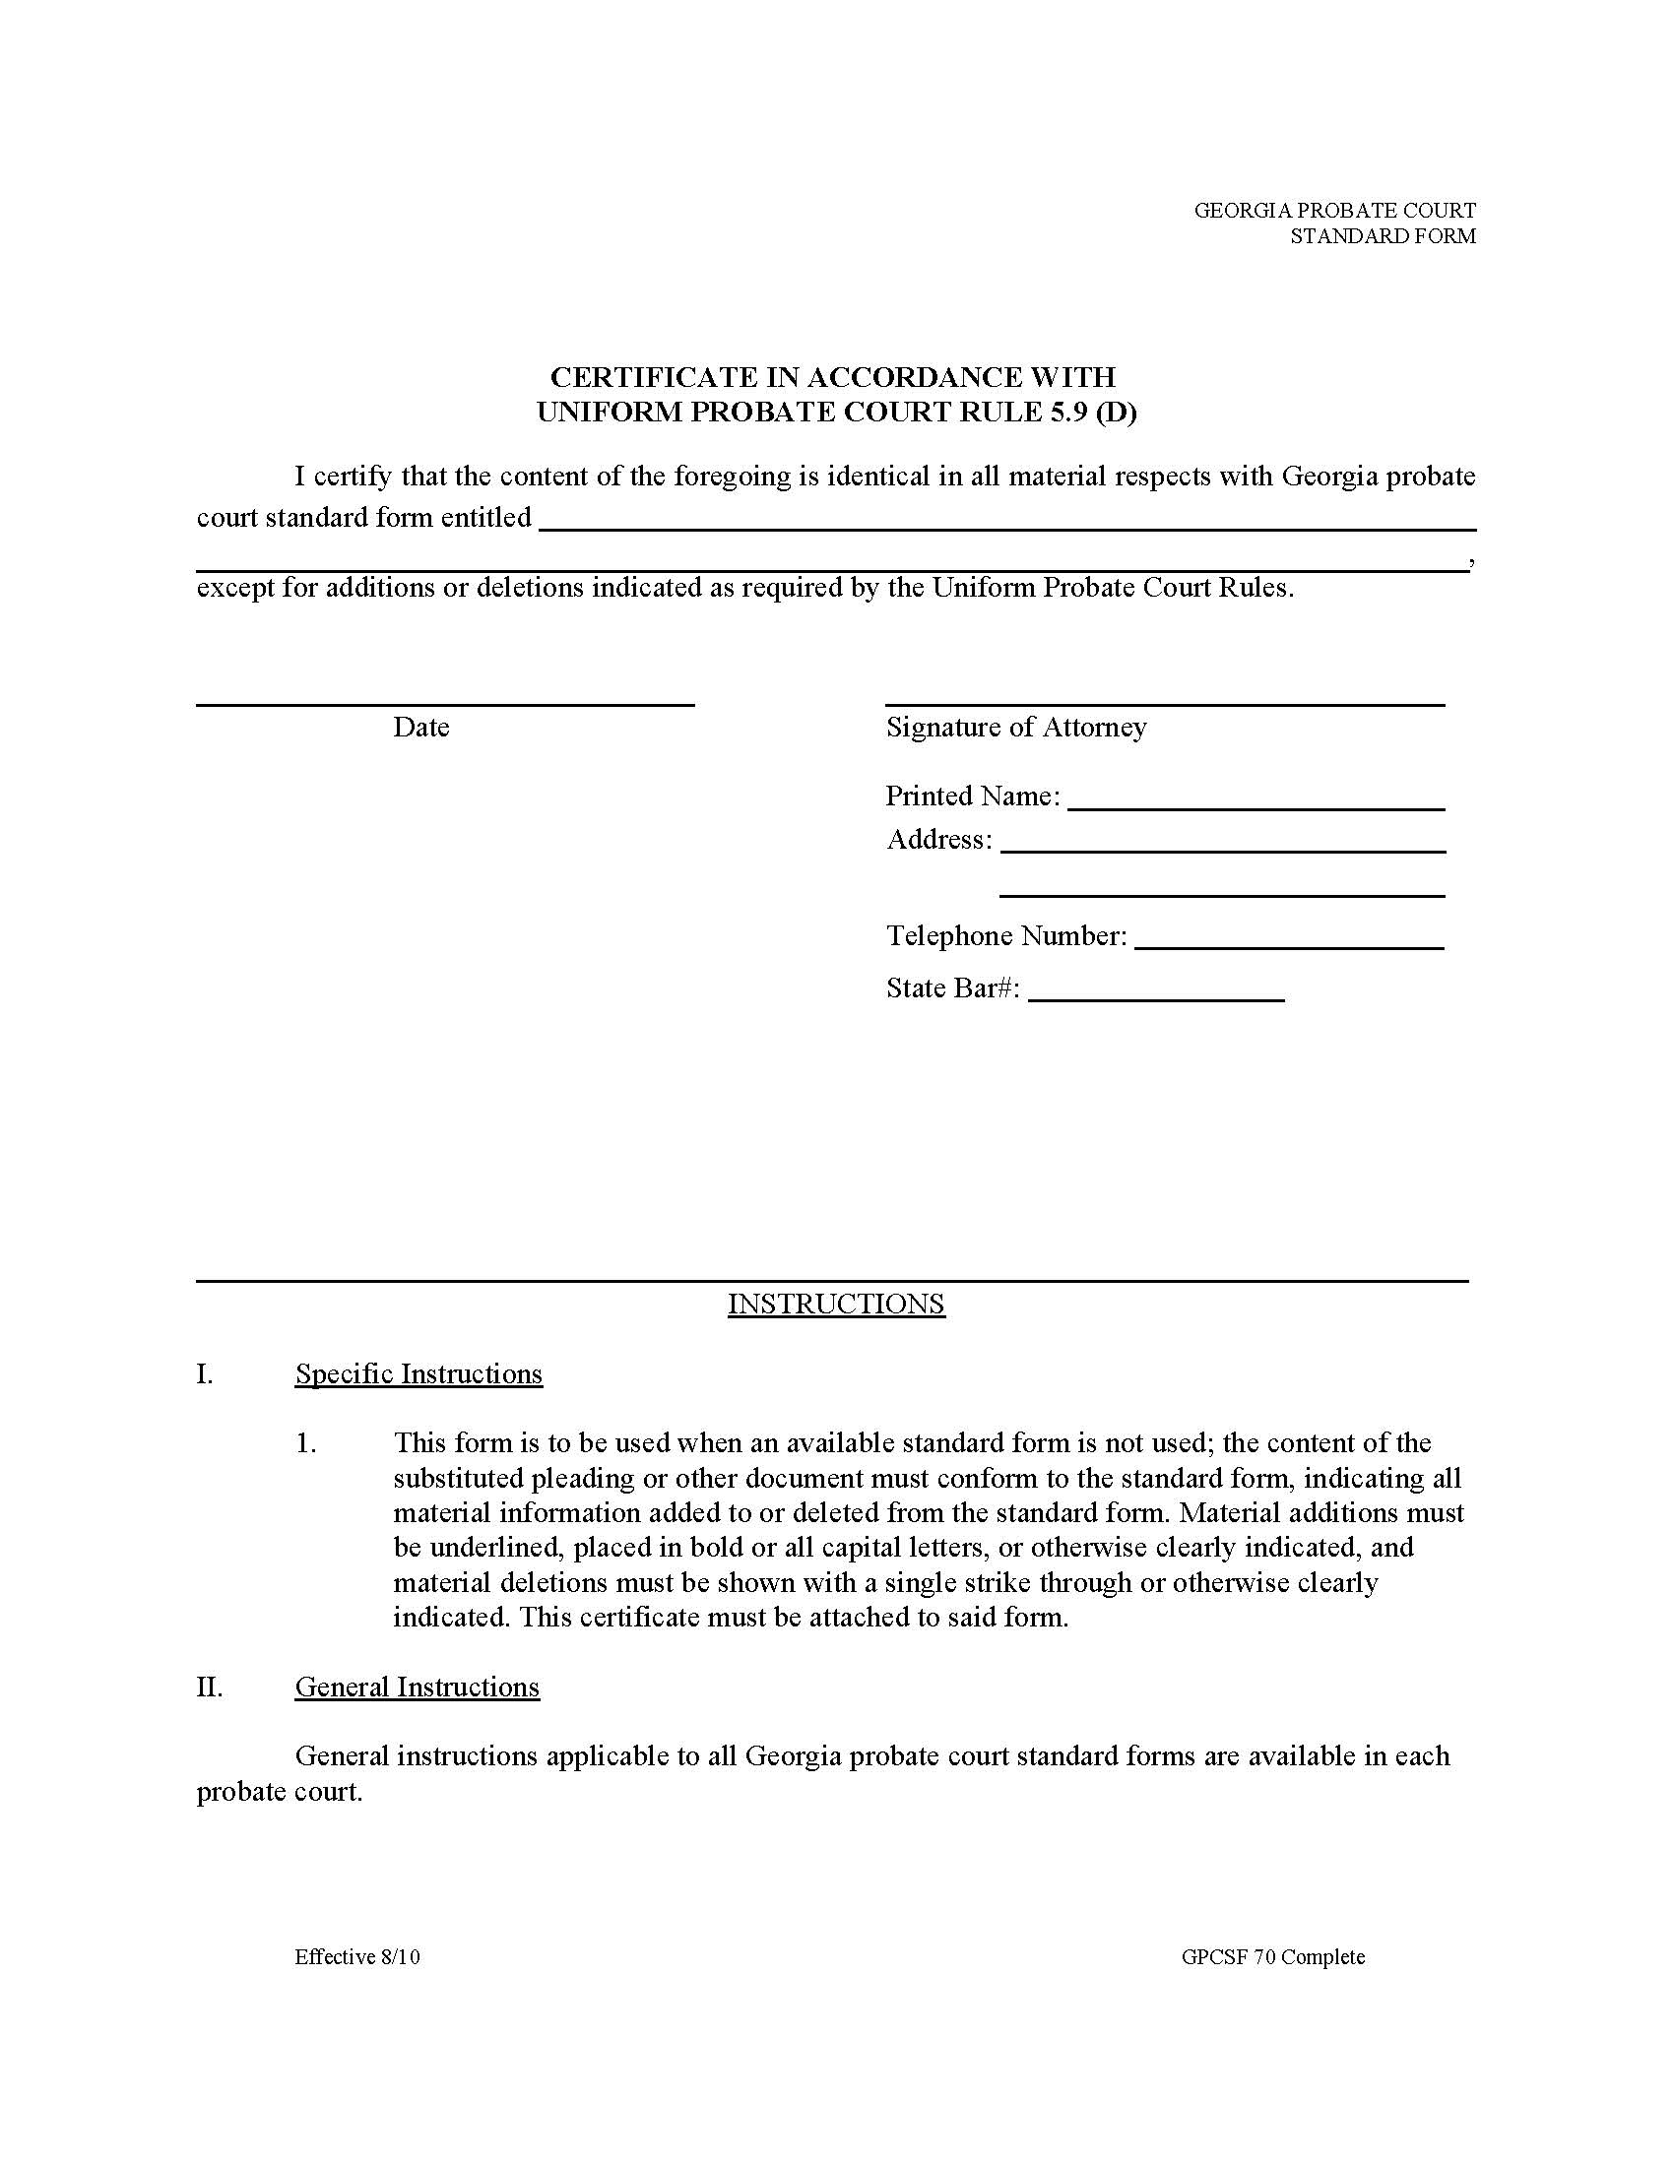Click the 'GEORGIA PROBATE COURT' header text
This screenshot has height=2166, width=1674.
click(1334, 211)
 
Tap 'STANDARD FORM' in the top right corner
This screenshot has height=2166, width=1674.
click(1382, 236)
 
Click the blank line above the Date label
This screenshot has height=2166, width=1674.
click(444, 704)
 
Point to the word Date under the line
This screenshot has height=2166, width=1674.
click(420, 728)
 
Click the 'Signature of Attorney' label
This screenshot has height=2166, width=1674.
click(1015, 728)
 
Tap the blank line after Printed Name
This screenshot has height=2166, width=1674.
click(1255, 809)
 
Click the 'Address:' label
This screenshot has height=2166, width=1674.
click(938, 840)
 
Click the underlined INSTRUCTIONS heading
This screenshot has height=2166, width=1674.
click(836, 1304)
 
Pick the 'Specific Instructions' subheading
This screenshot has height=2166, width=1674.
click(418, 1373)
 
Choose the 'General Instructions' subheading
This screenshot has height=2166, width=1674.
click(417, 1687)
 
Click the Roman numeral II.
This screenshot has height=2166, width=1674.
click(209, 1687)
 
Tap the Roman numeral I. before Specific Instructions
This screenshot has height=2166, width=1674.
click(204, 1373)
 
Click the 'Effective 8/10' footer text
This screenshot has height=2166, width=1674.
click(357, 1956)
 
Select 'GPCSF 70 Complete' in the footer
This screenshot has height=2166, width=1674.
click(1272, 1956)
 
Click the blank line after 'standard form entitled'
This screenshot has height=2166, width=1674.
click(1005, 530)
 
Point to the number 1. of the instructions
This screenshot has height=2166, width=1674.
click(306, 1443)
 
